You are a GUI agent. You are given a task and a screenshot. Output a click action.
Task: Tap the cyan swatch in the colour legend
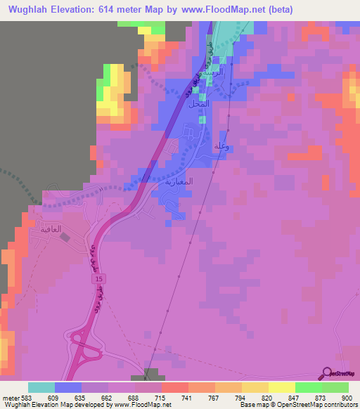point(41,387)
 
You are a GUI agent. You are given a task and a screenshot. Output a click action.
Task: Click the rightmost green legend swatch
point(335,387)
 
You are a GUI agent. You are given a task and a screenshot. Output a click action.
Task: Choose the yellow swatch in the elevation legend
point(282,387)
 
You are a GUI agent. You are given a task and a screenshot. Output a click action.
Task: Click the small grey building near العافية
point(67,238)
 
